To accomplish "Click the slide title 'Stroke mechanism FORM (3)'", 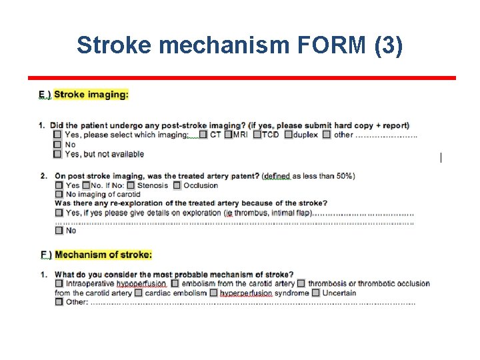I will tap(240, 45).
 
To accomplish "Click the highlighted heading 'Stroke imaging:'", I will tap(91, 94).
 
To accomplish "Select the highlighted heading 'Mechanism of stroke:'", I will tap(103, 255).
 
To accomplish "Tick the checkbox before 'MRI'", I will tap(228, 135).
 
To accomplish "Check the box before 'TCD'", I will tap(257, 135).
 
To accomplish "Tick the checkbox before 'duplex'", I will tap(288, 135).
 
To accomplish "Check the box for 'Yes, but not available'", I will tap(59, 154).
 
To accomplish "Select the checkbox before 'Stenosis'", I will tap(131, 185).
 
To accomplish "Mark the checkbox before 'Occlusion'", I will tap(177, 185).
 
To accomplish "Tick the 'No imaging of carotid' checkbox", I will tap(59, 195).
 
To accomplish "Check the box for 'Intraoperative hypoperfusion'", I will tap(59, 283).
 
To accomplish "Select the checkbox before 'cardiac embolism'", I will tap(138, 293).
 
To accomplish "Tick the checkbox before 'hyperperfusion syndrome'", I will tap(213, 293).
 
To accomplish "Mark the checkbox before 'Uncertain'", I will tap(316, 293).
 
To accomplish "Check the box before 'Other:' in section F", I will tap(59, 302).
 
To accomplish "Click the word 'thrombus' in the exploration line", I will tap(250, 213).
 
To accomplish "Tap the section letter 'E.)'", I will tap(45, 95).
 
